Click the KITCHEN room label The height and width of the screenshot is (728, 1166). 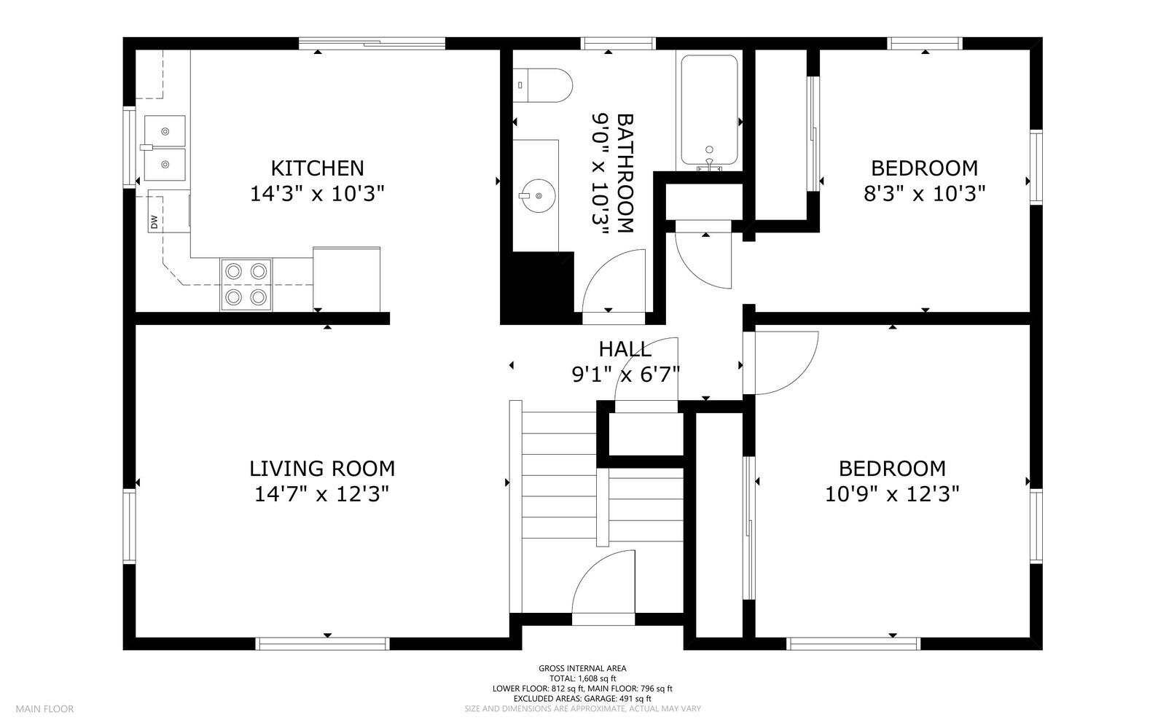317,168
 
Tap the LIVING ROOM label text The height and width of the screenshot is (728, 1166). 322,468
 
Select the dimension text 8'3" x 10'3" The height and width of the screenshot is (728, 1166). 924,194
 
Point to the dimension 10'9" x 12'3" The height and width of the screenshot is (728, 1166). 891,494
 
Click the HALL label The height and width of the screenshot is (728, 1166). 625,349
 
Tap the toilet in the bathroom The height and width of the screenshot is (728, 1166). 542,85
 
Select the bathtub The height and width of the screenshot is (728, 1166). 709,111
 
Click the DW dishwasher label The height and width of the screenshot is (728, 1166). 154,222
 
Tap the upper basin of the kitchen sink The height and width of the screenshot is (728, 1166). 165,131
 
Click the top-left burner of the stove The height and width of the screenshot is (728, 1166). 233,271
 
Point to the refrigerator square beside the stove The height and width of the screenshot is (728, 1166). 346,279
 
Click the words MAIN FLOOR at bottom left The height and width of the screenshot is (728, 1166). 45,708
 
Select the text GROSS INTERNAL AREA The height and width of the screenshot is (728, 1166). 582,668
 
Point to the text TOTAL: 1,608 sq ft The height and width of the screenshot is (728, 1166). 582,678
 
